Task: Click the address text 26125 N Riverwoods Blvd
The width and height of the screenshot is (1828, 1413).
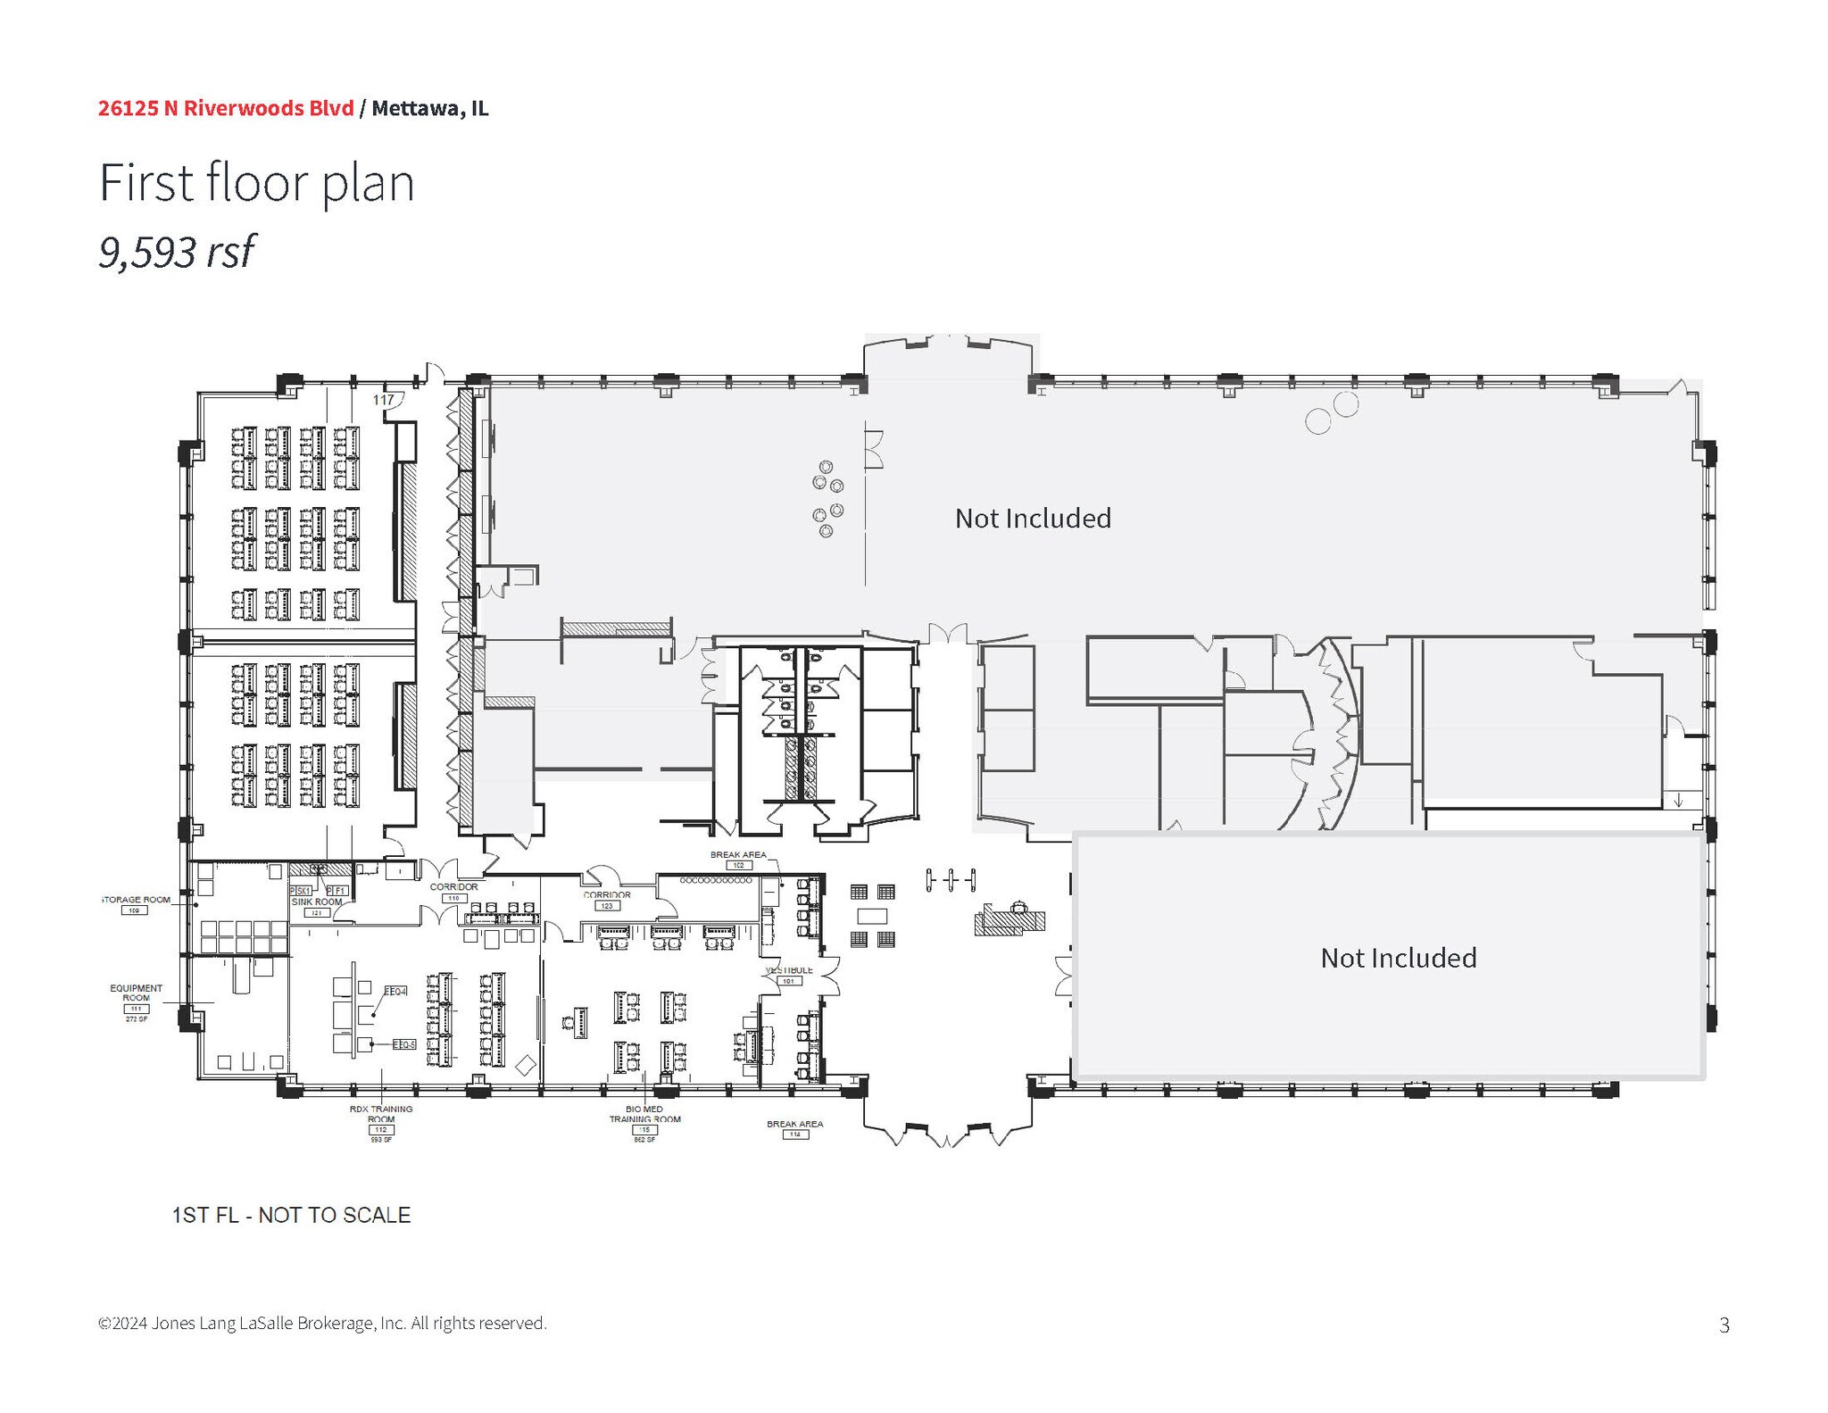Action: click(x=225, y=108)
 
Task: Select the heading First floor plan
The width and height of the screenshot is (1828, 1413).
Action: click(x=256, y=183)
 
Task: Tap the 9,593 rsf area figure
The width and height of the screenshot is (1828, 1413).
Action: click(x=177, y=252)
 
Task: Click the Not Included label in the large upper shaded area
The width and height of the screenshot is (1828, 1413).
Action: click(x=1033, y=519)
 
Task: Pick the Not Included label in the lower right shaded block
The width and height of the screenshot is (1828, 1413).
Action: click(x=1398, y=958)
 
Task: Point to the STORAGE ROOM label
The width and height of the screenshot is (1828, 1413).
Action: click(x=137, y=900)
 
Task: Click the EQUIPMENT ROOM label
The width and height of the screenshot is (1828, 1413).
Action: click(x=136, y=993)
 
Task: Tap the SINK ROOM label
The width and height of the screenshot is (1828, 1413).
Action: click(x=316, y=902)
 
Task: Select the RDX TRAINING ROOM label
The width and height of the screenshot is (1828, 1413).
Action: click(x=381, y=1114)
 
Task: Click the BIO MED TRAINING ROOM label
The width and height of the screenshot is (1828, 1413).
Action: click(x=644, y=1114)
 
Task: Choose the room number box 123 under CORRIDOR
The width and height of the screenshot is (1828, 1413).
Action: click(x=606, y=905)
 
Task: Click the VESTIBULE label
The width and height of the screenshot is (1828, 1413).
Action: click(x=789, y=970)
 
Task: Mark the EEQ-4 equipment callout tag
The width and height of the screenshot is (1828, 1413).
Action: click(x=395, y=992)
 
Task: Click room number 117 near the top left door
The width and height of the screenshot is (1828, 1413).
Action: click(x=384, y=400)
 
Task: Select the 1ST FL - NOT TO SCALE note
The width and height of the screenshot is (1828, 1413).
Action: click(x=291, y=1215)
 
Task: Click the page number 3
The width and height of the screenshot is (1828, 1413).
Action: click(x=1724, y=1326)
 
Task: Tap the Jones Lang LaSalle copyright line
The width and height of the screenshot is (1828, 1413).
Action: click(x=322, y=1323)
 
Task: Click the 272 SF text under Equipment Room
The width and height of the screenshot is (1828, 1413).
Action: click(x=136, y=1018)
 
